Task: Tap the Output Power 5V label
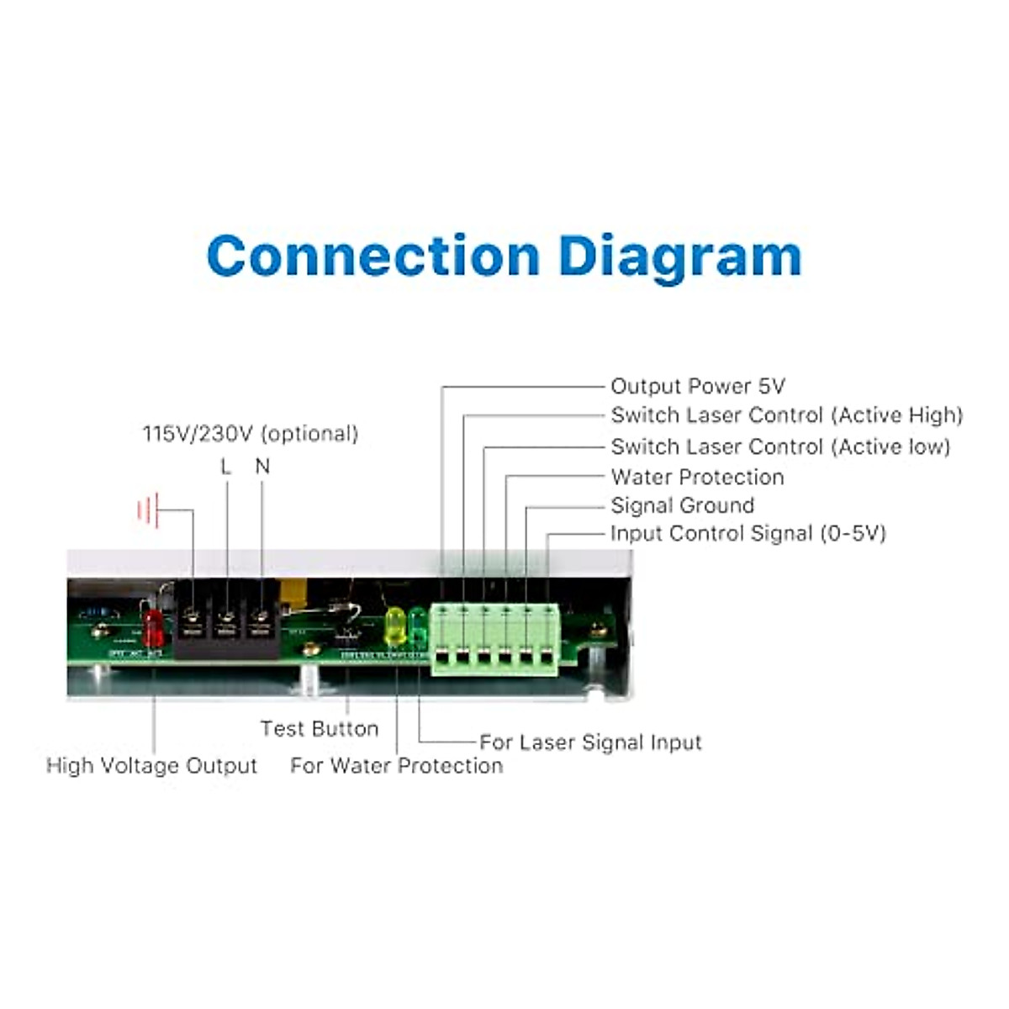[697, 386]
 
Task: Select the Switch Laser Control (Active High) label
[786, 415]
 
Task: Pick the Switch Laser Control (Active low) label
[780, 446]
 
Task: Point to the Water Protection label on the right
[697, 477]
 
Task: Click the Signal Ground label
[682, 505]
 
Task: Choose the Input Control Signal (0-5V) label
[748, 533]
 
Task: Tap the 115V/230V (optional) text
[250, 434]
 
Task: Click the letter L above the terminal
[225, 467]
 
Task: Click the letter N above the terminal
[262, 467]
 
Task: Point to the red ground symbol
[147, 510]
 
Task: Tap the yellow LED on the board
[394, 624]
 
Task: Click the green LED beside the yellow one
[417, 624]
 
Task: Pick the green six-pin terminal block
[494, 639]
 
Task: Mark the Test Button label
[319, 728]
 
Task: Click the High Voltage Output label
[151, 765]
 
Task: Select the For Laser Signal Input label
[590, 742]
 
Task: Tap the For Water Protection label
[396, 765]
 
